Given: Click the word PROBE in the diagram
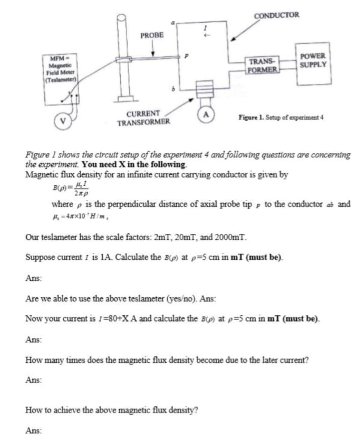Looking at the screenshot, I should coord(152,35).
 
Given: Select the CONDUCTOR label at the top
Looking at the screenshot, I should coord(276,16).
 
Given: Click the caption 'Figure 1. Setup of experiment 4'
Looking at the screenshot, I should coord(281,117).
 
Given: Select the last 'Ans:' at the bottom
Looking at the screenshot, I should coord(34,429).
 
